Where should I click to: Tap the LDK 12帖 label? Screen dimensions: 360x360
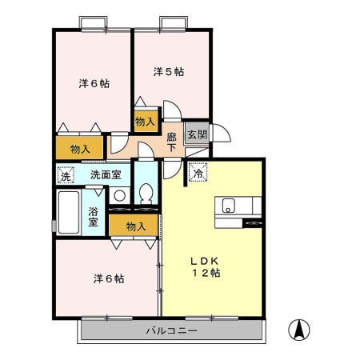pos(205,267)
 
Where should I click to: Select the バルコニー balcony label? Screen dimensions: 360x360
pos(170,330)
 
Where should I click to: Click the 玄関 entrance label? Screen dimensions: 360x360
pos(196,134)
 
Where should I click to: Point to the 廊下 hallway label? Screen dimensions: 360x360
pos(172,142)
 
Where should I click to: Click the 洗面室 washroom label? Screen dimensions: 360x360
pos(106,174)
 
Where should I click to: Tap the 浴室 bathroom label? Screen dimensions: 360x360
pos(94,216)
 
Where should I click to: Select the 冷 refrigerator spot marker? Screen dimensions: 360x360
pos(197,171)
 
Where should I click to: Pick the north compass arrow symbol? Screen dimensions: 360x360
pos(298,328)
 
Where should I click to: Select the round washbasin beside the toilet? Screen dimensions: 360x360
pos(119,195)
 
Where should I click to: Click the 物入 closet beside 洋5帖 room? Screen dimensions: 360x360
pos(145,122)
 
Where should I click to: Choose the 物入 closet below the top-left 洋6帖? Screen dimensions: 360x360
pos(79,149)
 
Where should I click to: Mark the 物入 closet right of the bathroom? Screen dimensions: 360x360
pos(135,226)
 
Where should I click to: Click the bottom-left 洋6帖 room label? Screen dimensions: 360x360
pos(108,278)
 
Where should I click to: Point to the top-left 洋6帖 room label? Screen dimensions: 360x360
pos(94,83)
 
